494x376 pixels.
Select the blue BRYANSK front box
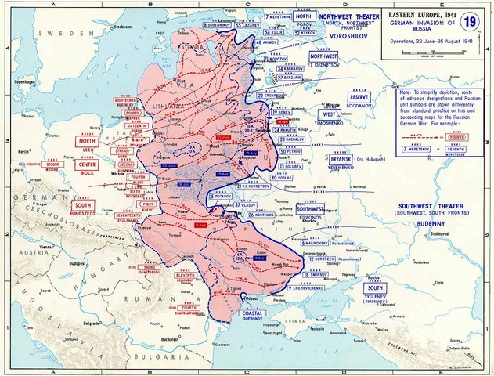(323, 159)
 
